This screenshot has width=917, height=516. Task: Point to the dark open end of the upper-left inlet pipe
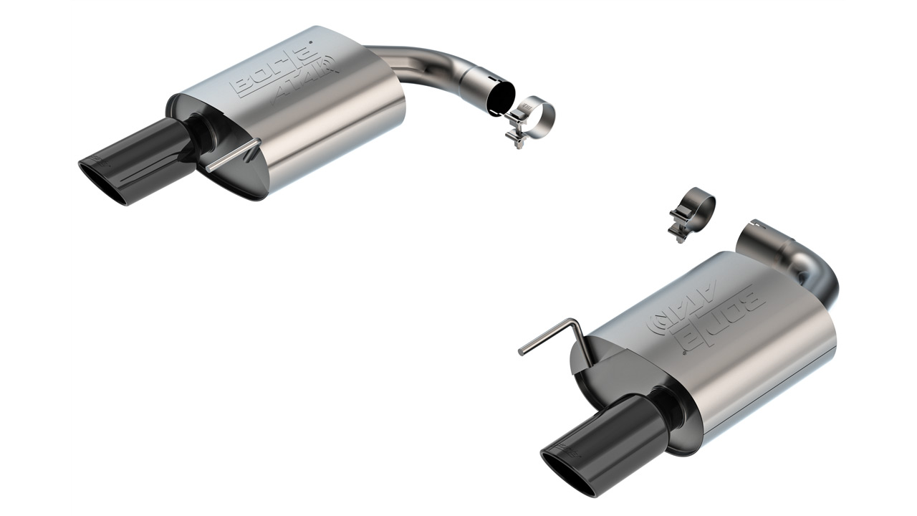pos(500,97)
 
